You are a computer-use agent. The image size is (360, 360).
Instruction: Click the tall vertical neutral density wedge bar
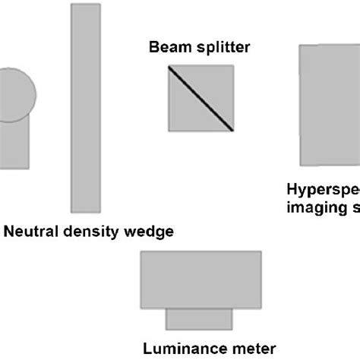click(x=85, y=107)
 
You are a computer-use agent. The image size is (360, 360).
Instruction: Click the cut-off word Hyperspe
click(x=322, y=190)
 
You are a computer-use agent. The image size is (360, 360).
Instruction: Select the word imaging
click(x=314, y=208)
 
